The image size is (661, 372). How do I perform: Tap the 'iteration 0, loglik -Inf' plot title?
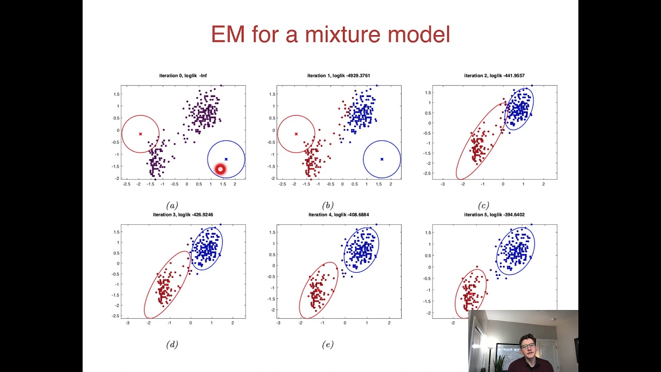click(183, 76)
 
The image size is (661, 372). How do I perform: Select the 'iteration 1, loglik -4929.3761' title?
click(339, 76)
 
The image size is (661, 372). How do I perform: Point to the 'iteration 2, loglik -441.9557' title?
click(494, 76)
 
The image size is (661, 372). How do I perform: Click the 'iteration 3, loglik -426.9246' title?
click(183, 214)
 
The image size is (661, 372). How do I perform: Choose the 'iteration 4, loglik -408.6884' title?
click(339, 214)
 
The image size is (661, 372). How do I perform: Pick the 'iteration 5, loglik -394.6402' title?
click(494, 214)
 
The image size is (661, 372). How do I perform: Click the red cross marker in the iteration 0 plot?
click(140, 134)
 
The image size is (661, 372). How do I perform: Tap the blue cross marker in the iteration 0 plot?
click(226, 159)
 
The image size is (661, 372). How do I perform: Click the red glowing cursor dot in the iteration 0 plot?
click(221, 169)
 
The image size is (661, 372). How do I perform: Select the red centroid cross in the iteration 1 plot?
click(296, 134)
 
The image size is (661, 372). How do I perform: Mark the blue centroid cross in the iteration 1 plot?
click(382, 159)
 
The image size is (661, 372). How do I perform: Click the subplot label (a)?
click(172, 205)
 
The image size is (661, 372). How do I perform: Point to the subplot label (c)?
click(483, 205)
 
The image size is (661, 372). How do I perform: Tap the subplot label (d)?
click(172, 345)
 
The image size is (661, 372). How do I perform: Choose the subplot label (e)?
click(327, 345)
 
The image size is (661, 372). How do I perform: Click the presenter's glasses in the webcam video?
click(528, 345)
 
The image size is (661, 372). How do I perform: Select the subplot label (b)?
click(327, 205)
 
